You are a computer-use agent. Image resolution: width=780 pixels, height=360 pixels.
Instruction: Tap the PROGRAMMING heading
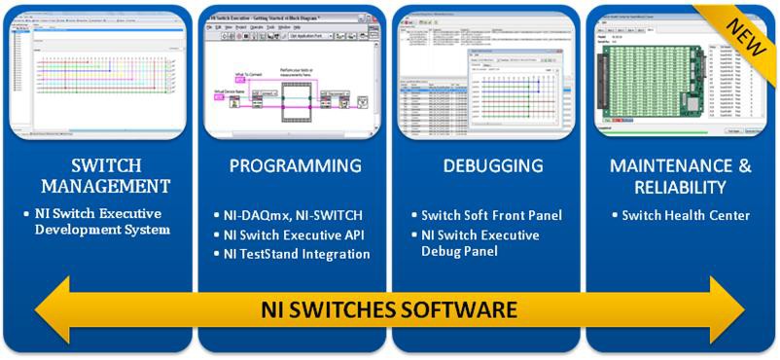[295, 165]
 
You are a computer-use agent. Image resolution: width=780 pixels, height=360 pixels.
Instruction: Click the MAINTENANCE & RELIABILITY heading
[680, 175]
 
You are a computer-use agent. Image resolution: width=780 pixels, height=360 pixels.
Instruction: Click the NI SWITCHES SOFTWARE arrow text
[390, 311]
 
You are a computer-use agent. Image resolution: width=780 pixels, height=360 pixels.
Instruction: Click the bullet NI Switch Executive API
[296, 234]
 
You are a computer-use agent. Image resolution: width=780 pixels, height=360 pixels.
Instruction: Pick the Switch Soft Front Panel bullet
[491, 215]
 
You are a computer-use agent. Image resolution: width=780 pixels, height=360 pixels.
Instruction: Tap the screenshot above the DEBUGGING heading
[484, 74]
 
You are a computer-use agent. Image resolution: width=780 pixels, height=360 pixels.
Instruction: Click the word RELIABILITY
[681, 187]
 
